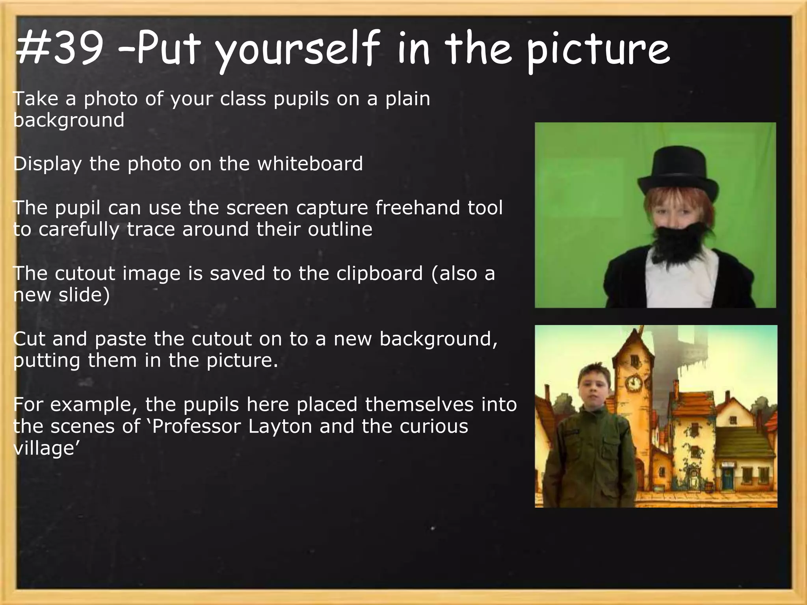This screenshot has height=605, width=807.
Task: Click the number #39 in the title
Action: click(x=59, y=49)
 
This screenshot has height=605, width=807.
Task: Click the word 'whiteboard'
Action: click(x=310, y=163)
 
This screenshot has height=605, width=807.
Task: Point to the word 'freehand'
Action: click(x=418, y=208)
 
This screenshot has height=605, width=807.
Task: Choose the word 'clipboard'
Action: click(x=379, y=273)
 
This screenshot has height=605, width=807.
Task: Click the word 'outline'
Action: click(x=340, y=229)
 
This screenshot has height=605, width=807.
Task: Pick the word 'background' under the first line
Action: click(x=69, y=120)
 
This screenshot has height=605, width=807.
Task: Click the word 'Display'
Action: click(x=47, y=163)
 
